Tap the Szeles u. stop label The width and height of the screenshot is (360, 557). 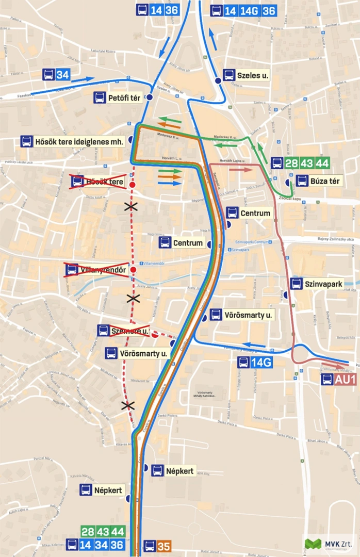[x=252, y=75]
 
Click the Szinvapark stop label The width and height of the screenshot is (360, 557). [x=323, y=284]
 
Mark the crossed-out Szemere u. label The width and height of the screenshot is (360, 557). [x=130, y=331]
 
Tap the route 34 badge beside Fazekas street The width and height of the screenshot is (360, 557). [x=62, y=75]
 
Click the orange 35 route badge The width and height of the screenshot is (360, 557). [x=164, y=546]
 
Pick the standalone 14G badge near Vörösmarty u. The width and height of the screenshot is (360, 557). [x=261, y=363]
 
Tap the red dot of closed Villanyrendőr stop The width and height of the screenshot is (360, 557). [x=133, y=270]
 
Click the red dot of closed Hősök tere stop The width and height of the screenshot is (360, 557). [x=133, y=185]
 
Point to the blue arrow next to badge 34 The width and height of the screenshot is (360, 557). [x=83, y=79]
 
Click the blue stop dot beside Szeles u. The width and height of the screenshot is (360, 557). [x=218, y=81]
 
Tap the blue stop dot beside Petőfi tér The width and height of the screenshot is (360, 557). [x=149, y=97]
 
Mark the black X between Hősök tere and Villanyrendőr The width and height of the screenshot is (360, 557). [x=132, y=206]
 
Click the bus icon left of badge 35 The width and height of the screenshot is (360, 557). [x=150, y=546]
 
